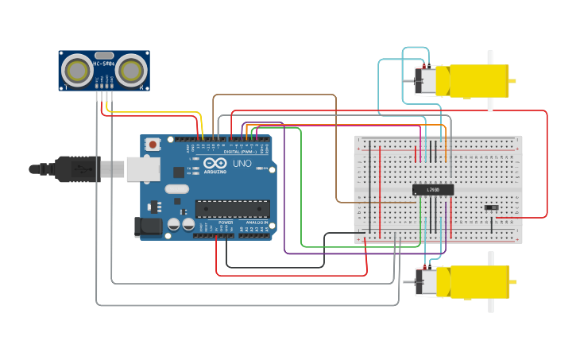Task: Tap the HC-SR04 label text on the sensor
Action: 104,64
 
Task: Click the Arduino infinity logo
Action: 215,163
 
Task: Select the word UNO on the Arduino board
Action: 242,164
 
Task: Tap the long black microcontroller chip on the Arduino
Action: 233,209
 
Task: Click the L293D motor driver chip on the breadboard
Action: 433,190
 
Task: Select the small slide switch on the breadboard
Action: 492,208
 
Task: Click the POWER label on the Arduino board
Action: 225,223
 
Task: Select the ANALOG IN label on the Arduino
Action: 255,223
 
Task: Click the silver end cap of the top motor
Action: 424,81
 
